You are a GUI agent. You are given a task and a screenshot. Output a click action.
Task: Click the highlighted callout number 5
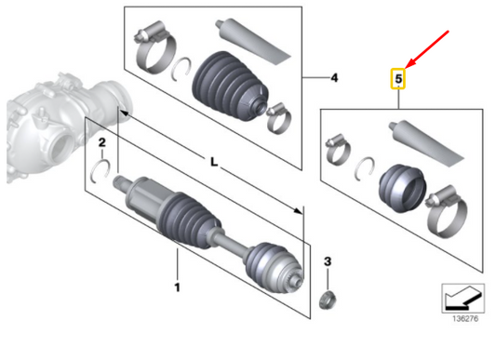(398, 78)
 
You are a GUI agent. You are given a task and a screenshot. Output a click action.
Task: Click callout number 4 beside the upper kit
(334, 78)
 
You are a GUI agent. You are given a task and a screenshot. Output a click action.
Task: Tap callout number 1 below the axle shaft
(177, 287)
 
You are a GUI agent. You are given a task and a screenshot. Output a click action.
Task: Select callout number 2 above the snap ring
(101, 142)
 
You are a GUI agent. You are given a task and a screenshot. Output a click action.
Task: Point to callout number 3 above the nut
(328, 261)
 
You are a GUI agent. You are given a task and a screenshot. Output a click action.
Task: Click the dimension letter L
(214, 162)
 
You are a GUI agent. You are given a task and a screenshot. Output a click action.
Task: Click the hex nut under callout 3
(327, 300)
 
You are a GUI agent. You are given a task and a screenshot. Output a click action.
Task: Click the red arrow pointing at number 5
(427, 49)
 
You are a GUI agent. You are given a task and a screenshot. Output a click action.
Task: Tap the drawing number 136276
(465, 318)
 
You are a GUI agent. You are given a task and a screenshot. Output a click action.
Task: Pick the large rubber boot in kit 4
(230, 86)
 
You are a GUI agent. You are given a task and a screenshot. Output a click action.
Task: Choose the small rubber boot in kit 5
(402, 188)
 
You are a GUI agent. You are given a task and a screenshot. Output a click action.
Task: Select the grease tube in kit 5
(425, 143)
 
